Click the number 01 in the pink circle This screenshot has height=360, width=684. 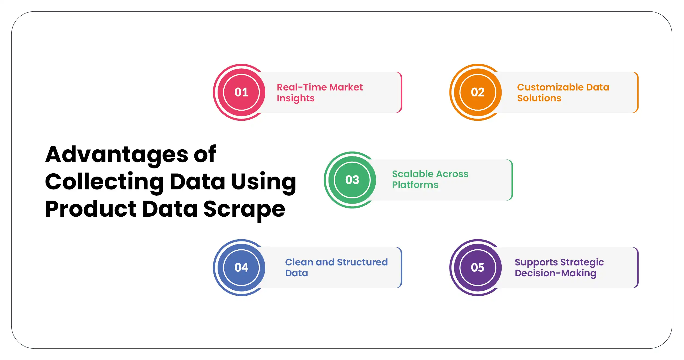tap(241, 92)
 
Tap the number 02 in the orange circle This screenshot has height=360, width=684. tap(478, 92)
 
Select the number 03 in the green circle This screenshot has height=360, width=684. tap(352, 180)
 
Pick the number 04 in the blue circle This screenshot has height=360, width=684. tap(241, 268)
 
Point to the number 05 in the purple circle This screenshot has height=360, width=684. tap(478, 268)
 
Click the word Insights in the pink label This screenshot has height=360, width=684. tap(296, 98)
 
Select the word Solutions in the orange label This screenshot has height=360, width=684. tap(539, 98)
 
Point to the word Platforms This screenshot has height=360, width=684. tap(415, 185)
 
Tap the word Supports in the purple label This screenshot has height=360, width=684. tap(536, 262)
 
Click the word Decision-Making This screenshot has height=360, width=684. tap(555, 273)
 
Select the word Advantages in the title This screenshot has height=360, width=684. tap(117, 155)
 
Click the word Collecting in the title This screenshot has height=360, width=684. tap(104, 182)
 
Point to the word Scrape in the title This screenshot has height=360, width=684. tap(244, 209)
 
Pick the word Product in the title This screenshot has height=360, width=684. tap(91, 209)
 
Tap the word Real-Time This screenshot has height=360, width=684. tap(302, 87)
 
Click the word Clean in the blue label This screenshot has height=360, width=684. tap(299, 262)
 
